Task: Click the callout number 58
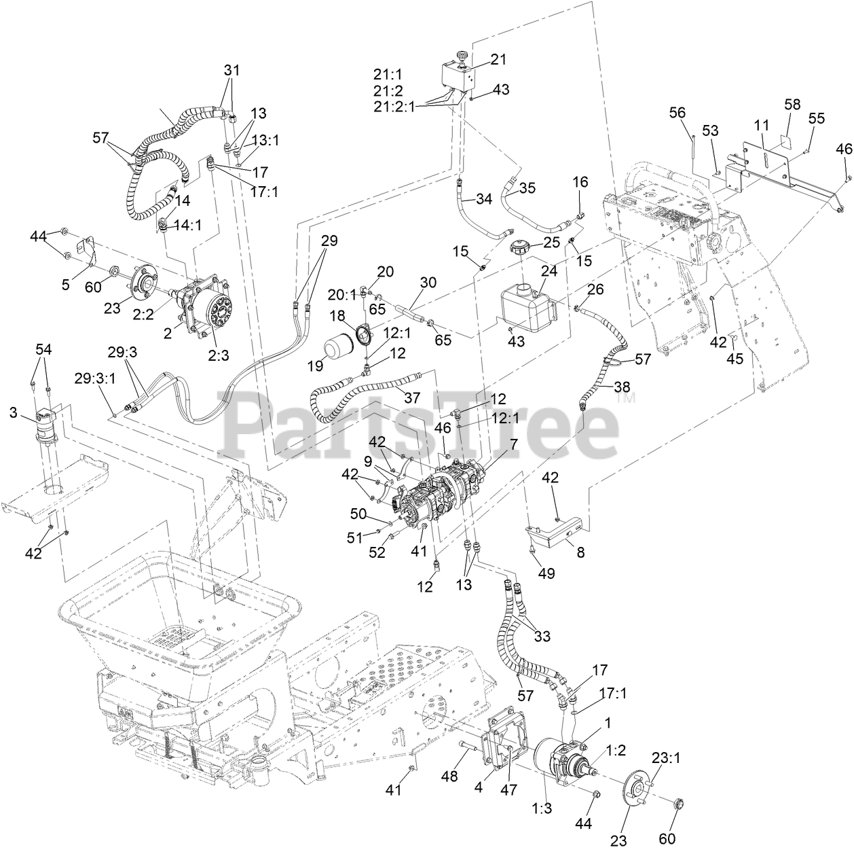[x=792, y=105]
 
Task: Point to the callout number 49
[x=546, y=573]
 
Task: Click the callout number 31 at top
[x=231, y=71]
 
